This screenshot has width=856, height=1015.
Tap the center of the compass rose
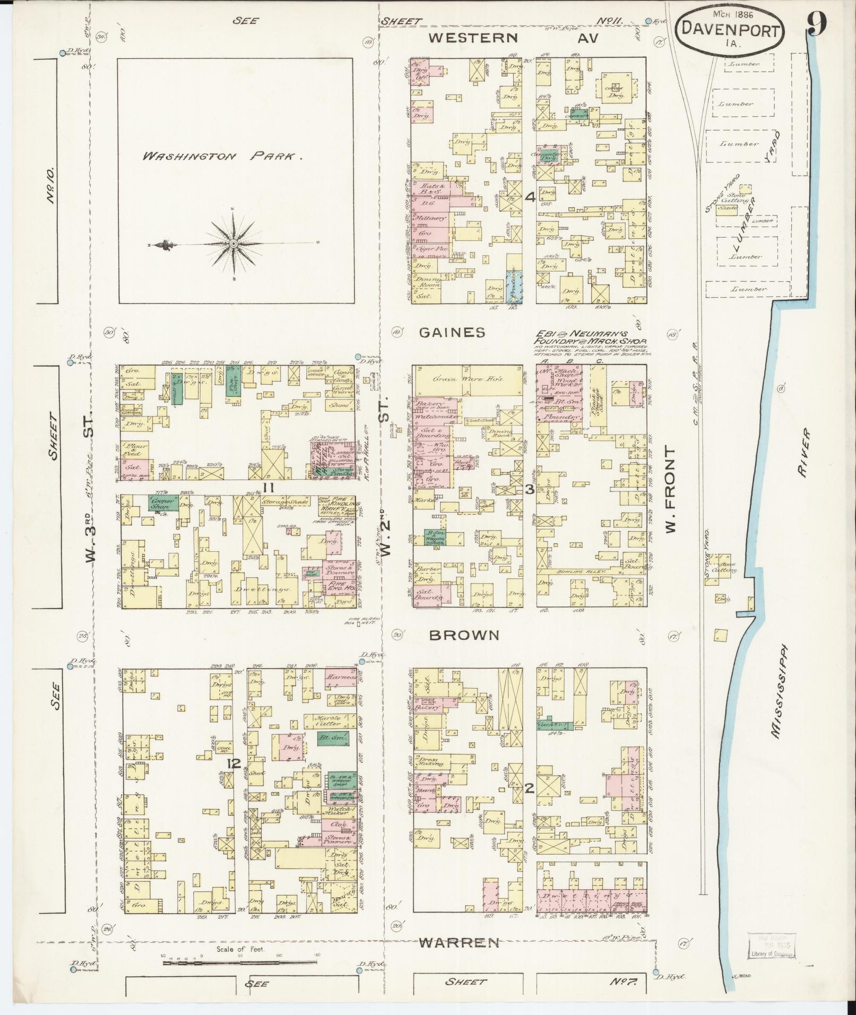click(233, 244)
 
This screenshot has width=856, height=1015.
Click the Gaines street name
click(452, 333)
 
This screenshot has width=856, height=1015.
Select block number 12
click(234, 764)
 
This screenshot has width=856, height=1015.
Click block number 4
click(529, 197)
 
